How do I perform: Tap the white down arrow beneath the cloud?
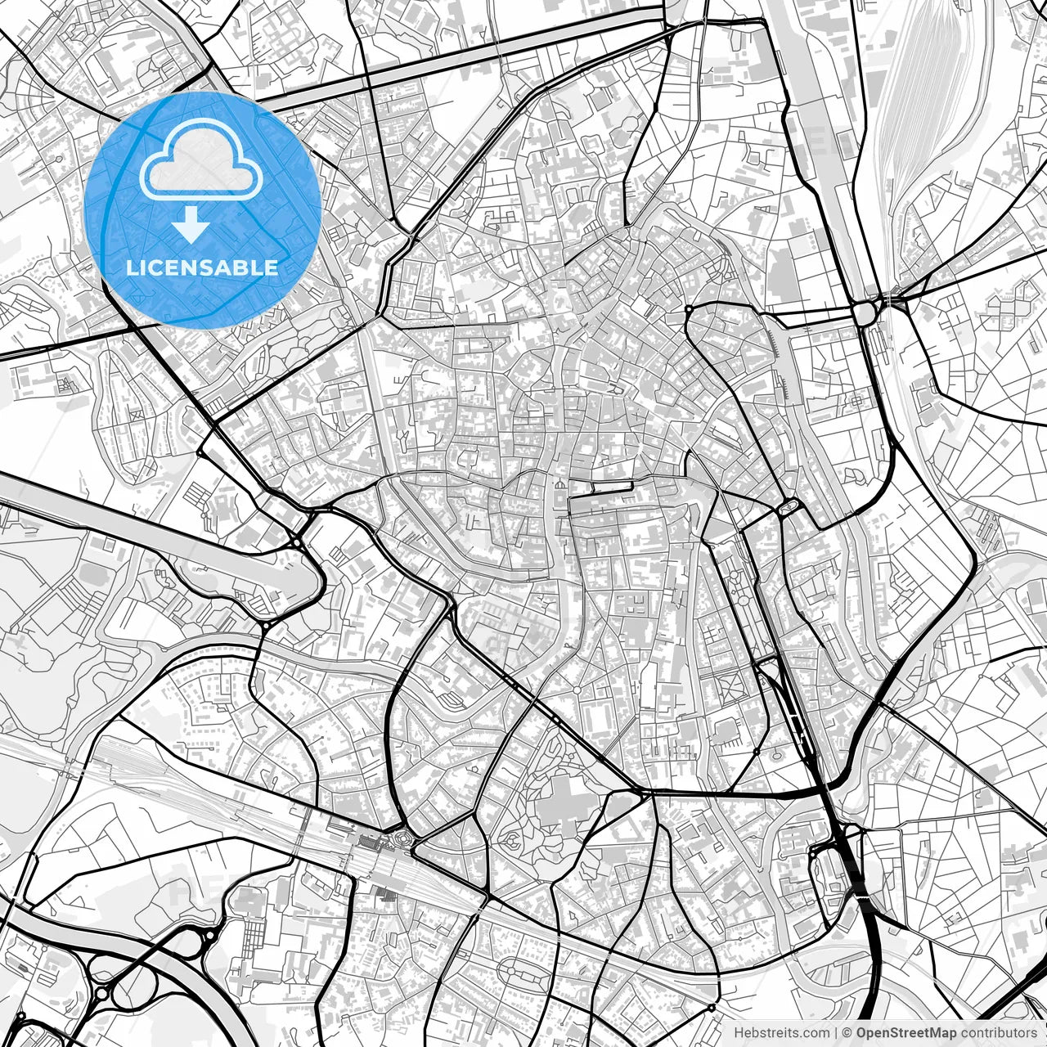(191, 224)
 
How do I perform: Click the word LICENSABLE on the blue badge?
(202, 267)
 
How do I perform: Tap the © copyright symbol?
(847, 1033)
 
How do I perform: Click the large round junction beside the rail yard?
(864, 312)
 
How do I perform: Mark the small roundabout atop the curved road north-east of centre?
(690, 308)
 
